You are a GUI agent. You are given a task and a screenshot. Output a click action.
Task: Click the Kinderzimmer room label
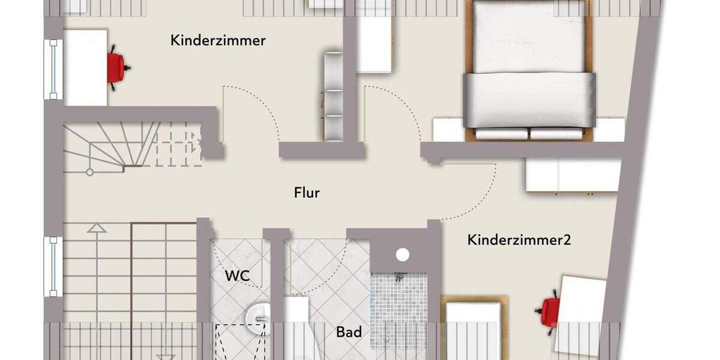pos(218,41)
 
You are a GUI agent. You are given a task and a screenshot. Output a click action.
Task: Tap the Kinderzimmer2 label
pos(519,241)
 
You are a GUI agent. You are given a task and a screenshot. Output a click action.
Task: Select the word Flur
pos(307,193)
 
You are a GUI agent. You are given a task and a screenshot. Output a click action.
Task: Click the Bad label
pos(349,332)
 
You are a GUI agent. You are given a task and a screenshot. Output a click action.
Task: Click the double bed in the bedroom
pos(529,72)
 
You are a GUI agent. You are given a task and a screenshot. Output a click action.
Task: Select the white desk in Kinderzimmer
pos(85,67)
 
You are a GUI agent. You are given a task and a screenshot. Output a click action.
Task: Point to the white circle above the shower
pos(403,254)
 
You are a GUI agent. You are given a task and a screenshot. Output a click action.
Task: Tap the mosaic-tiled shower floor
pos(398,311)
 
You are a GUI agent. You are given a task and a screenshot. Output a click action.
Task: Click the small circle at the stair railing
pos(89,172)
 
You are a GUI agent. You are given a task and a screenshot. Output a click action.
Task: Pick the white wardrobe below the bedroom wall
pos(572,175)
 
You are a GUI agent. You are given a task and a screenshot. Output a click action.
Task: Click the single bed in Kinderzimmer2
pos(474,327)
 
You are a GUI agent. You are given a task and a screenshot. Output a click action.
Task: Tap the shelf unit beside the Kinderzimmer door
pos(333,96)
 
